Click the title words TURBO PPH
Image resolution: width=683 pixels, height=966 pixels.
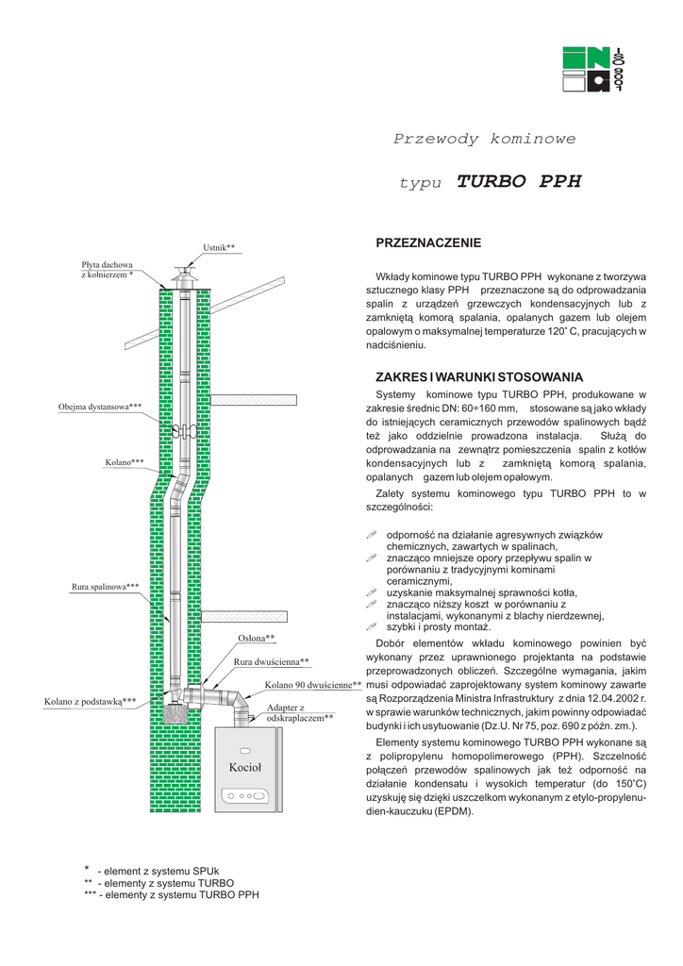[519, 181]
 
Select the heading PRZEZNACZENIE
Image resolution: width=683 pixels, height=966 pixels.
[428, 243]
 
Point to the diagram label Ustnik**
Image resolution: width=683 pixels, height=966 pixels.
[219, 248]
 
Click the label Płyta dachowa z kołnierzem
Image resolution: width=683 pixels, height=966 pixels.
[108, 270]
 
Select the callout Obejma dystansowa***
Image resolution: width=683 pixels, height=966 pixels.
[100, 407]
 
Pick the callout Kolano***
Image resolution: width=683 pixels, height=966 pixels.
[125, 462]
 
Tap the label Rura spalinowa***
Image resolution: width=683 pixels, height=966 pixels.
[106, 587]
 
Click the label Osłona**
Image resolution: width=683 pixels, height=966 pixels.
[257, 639]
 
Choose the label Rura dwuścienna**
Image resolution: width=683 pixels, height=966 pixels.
[272, 662]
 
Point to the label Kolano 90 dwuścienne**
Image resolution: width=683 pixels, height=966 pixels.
[313, 685]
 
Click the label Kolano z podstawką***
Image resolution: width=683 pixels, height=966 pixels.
[91, 702]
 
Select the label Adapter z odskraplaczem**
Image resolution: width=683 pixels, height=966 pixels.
[300, 712]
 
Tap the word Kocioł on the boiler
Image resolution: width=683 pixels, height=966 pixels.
[245, 768]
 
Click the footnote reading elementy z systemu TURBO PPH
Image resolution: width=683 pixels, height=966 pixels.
[171, 894]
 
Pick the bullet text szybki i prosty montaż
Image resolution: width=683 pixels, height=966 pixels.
[439, 627]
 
